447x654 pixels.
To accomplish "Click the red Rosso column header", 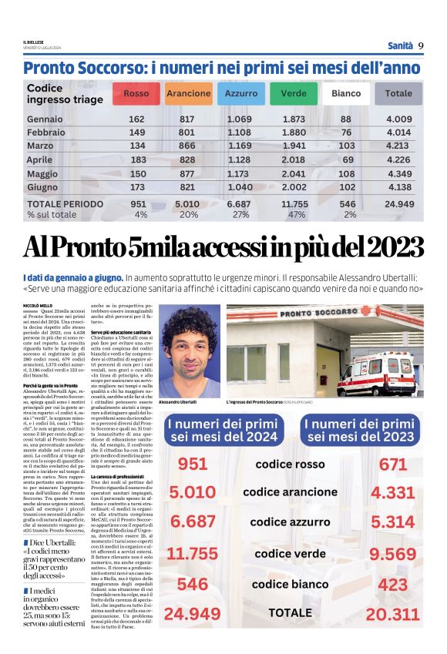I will (x=136, y=94).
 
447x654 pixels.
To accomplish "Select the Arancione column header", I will (x=188, y=94).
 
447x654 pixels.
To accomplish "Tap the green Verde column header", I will (x=293, y=94).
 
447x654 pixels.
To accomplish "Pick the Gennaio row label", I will (x=45, y=119).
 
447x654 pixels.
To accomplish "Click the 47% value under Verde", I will (x=296, y=215).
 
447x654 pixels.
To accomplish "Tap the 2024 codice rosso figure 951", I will (x=193, y=465).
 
